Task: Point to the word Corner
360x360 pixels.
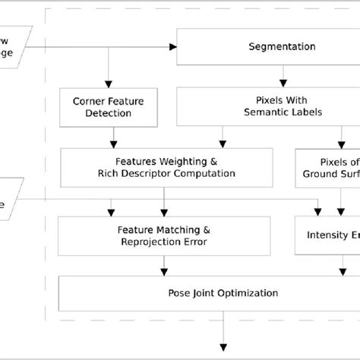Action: point(88,100)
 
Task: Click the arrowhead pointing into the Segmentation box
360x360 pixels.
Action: point(172,47)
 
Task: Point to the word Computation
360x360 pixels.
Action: point(203,173)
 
